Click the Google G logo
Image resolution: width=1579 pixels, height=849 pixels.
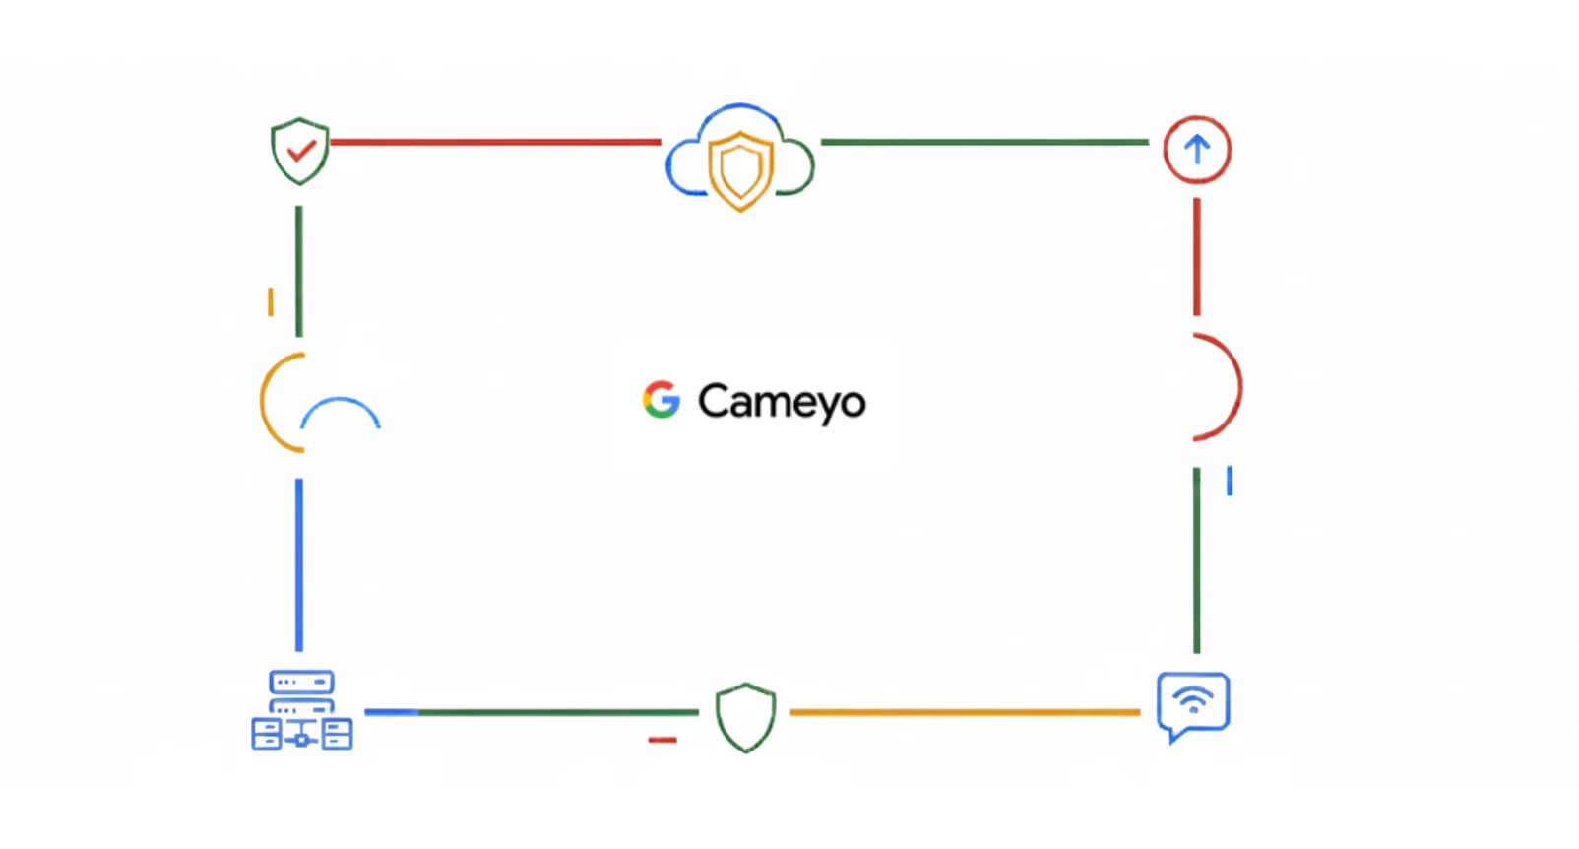[662, 400]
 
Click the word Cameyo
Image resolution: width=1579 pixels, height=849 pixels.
[782, 402]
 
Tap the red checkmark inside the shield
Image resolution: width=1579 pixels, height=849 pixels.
[301, 150]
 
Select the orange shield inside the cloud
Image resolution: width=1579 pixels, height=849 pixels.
[740, 170]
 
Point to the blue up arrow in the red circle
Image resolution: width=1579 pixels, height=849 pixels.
[1197, 150]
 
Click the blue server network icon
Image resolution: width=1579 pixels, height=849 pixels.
[301, 709]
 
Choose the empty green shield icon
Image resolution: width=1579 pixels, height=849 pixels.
[745, 717]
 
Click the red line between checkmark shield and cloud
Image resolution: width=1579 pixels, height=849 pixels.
[495, 143]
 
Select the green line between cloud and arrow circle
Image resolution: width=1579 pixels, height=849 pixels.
[984, 143]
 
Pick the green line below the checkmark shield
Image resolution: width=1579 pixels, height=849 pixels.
[299, 272]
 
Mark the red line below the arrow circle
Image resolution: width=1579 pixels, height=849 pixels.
[1197, 257]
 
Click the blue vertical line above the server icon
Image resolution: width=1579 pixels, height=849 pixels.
[299, 565]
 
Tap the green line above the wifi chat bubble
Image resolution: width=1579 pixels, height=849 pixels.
[1197, 559]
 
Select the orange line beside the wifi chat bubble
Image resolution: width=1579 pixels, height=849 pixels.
[965, 712]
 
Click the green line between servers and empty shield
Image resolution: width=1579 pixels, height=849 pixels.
[558, 712]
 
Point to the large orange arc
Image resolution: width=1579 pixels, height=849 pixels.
[282, 402]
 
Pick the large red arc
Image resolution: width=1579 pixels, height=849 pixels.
[1218, 387]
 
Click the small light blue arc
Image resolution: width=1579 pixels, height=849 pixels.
[341, 413]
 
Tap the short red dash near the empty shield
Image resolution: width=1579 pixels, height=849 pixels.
[663, 740]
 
